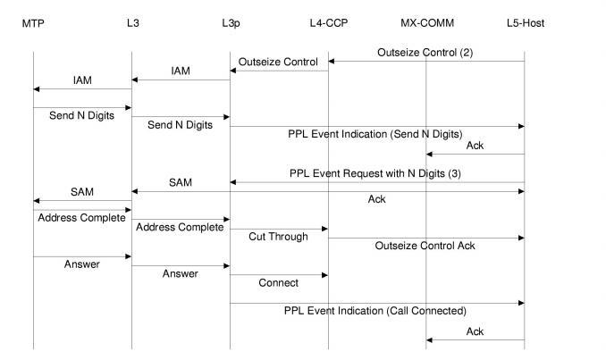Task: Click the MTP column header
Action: pyautogui.click(x=33, y=22)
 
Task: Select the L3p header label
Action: pyautogui.click(x=231, y=22)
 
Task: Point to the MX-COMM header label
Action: pyautogui.click(x=426, y=22)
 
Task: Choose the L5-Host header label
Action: pyautogui.click(x=524, y=22)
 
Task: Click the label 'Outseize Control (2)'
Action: pyautogui.click(x=425, y=53)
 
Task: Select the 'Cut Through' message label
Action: pyautogui.click(x=278, y=237)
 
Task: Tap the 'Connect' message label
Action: pyautogui.click(x=278, y=283)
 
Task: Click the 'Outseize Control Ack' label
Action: pyautogui.click(x=425, y=245)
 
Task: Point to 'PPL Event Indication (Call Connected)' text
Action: pyautogui.click(x=375, y=311)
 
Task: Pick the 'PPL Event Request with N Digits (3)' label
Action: pyautogui.click(x=375, y=172)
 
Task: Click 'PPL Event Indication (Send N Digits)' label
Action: pyautogui.click(x=375, y=134)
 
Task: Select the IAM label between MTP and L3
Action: pyautogui.click(x=82, y=80)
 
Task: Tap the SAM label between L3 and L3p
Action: pyautogui.click(x=181, y=182)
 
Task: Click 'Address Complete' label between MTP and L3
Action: pyautogui.click(x=81, y=218)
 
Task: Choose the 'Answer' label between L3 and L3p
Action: pyautogui.click(x=181, y=273)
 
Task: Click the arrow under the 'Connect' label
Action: pyautogui.click(x=279, y=274)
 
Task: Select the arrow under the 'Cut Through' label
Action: pyautogui.click(x=279, y=229)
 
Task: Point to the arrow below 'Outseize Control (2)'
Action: pyautogui.click(x=425, y=62)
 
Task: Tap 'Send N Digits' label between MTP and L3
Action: pyautogui.click(x=82, y=116)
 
